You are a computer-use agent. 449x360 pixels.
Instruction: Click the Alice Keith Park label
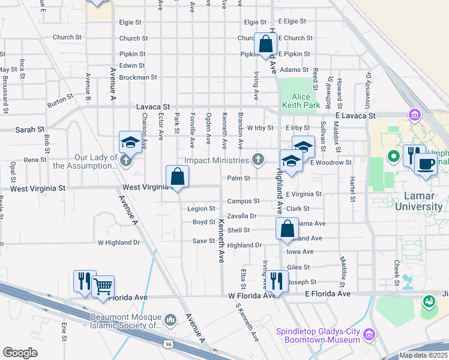click(301, 101)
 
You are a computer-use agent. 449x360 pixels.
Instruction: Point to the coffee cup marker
click(426, 164)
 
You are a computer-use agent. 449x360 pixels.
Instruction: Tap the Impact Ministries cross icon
click(258, 160)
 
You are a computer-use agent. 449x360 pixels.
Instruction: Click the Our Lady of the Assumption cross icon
click(125, 160)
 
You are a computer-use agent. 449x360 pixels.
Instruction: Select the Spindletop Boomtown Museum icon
click(369, 334)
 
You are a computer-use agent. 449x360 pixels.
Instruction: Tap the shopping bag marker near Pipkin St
click(265, 44)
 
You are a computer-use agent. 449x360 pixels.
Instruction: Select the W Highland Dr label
click(118, 242)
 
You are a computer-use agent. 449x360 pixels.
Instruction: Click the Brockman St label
click(138, 77)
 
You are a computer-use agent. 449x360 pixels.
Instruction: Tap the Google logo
click(20, 352)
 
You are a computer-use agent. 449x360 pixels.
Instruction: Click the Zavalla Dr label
click(242, 215)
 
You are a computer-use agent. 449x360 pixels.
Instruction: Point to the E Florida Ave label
click(327, 293)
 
